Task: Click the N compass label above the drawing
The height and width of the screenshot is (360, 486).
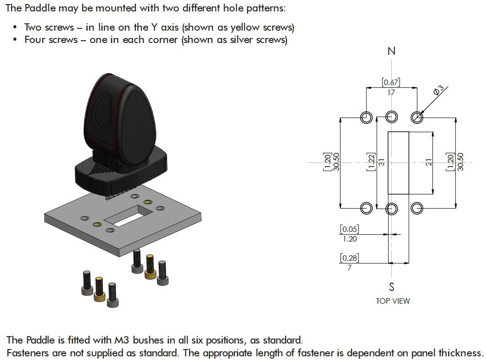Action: [x=391, y=51]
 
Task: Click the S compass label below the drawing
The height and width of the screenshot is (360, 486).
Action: [x=391, y=287]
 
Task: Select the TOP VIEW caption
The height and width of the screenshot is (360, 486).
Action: [x=393, y=301]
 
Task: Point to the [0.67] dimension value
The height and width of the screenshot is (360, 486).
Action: [x=391, y=82]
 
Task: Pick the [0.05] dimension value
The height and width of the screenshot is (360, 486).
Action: [x=350, y=229]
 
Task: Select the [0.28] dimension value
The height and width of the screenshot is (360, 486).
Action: [x=350, y=258]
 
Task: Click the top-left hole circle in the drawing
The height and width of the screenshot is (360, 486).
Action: [x=366, y=118]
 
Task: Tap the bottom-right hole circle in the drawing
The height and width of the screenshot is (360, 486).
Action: [x=416, y=208]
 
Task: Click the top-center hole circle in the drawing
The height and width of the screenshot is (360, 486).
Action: [x=391, y=118]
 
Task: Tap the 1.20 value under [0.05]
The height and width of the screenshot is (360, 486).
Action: [x=350, y=239]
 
